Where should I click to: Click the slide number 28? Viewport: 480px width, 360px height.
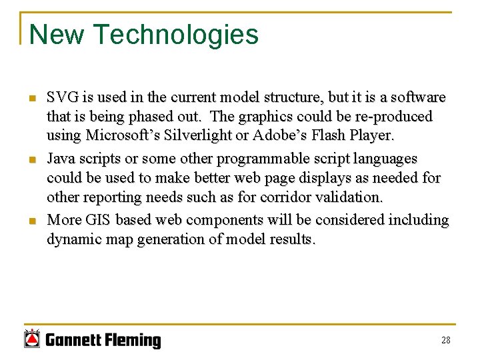coord(445,340)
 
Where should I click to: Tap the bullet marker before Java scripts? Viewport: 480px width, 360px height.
coord(31,161)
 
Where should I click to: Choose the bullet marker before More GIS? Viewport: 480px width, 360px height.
coord(31,221)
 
